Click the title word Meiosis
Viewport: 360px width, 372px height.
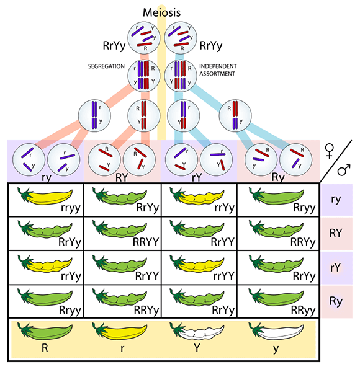click(162, 12)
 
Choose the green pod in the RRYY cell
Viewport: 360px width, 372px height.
click(114, 231)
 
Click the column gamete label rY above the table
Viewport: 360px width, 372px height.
click(198, 176)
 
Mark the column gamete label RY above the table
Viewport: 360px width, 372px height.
click(122, 176)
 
